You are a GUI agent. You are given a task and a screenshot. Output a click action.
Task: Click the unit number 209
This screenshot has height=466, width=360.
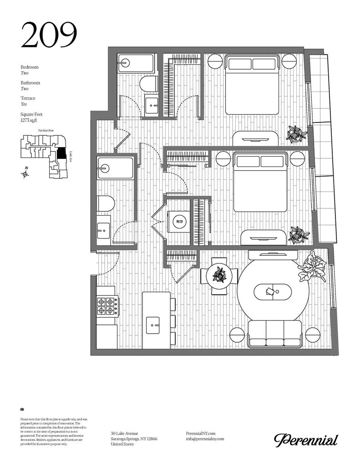point(49,35)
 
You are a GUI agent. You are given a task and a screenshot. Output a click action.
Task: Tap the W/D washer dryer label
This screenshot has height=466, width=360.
point(178,222)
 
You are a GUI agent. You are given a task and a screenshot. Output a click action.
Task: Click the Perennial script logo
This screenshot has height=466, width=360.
point(306,440)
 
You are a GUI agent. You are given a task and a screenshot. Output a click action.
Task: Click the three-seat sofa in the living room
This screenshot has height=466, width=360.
point(274,334)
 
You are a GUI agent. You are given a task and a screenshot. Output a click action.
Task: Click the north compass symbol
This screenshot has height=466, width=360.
point(25,173)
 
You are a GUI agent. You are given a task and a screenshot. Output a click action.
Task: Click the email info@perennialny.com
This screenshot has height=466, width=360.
point(205,439)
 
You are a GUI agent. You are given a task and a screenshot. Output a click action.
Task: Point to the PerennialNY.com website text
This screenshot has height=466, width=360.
point(201,433)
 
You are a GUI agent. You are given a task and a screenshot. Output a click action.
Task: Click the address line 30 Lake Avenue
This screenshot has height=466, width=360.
point(125,433)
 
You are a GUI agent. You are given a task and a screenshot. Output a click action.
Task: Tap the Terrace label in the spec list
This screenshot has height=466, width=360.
point(28,98)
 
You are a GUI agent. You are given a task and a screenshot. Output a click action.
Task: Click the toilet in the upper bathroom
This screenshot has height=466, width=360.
point(148,84)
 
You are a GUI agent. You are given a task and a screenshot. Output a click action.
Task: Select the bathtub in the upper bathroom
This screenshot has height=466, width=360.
point(136,63)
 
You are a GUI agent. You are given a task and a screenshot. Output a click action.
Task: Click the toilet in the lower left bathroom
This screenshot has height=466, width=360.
point(105,203)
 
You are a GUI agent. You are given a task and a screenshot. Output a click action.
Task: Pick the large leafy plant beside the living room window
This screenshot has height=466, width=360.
point(312,268)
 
